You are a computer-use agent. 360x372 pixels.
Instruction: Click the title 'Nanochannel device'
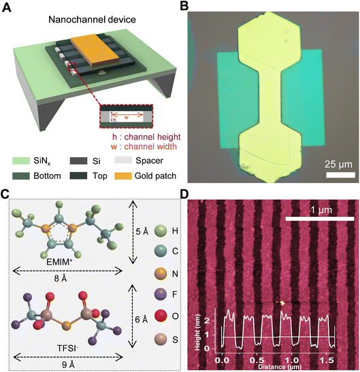92,20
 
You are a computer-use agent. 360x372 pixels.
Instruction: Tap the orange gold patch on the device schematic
95,50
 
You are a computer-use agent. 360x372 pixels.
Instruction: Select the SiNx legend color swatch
21,160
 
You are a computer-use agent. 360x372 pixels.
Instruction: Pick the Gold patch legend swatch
123,175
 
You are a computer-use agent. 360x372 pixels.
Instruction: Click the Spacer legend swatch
123,160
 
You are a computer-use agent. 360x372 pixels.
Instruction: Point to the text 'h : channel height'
146,137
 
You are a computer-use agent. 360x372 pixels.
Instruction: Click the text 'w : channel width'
144,147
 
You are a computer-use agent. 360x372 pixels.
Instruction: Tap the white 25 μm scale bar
340,175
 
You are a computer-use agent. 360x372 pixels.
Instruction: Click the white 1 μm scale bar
320,219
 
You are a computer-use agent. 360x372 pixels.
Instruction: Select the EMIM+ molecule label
59,262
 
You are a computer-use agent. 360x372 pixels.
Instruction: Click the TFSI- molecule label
68,348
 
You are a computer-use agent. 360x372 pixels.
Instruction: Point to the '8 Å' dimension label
61,278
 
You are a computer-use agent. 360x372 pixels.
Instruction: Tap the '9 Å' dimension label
68,365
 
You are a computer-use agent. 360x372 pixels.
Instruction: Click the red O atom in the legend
161,316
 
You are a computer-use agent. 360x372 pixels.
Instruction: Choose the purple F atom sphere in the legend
161,294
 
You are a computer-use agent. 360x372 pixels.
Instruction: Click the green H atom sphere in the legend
161,231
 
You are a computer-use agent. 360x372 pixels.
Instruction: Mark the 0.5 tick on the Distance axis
257,360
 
